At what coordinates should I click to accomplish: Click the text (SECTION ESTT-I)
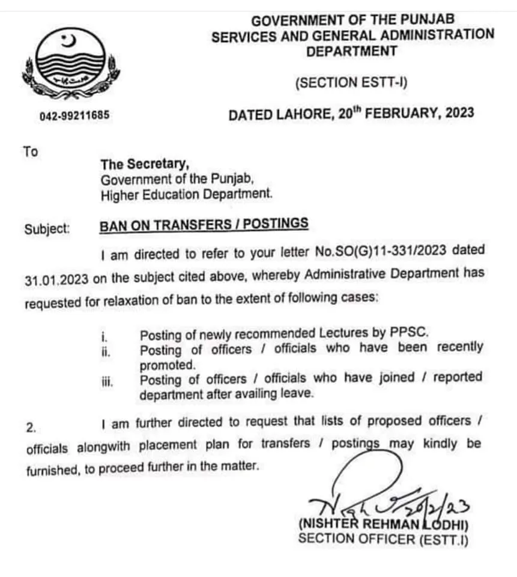(351, 82)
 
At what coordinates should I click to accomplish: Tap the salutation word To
(31, 151)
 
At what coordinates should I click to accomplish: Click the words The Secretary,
(145, 164)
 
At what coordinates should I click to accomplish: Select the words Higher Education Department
(186, 194)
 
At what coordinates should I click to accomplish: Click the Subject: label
(47, 228)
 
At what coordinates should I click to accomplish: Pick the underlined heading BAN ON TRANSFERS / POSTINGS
(204, 225)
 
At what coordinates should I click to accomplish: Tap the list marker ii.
(107, 350)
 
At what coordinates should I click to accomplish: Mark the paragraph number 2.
(31, 428)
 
